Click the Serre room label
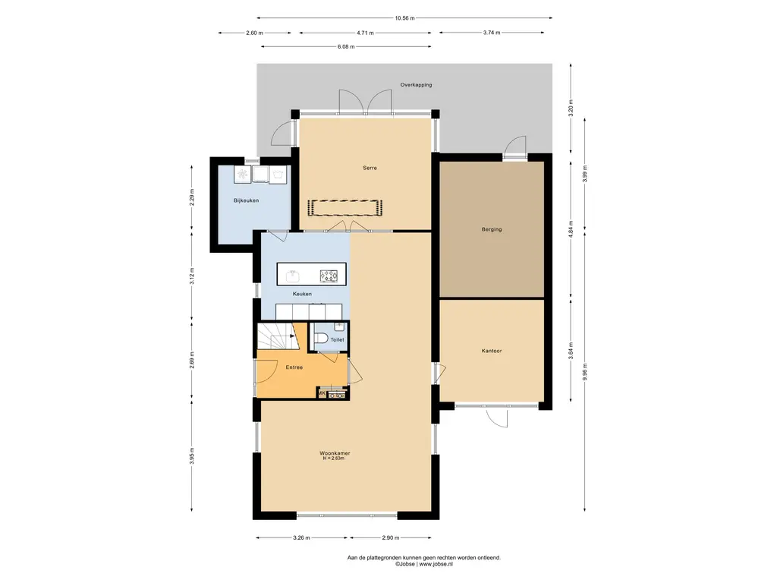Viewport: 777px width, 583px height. point(370,168)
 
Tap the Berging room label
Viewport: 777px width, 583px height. point(492,229)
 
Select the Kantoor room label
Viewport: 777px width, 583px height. point(492,351)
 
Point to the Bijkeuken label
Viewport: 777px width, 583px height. point(247,200)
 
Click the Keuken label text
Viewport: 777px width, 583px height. point(302,294)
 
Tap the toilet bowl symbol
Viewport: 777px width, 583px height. point(321,339)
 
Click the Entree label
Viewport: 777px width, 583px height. point(294,367)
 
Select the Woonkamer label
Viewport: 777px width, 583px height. point(335,453)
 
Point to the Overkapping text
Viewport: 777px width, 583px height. point(417,85)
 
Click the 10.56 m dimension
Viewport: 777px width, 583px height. point(405,18)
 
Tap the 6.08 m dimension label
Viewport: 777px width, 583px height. point(346,46)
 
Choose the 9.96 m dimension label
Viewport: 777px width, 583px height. point(585,372)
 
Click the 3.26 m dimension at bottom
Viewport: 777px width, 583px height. point(302,538)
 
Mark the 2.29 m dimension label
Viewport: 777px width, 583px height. point(192,197)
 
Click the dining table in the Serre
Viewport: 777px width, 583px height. point(345,208)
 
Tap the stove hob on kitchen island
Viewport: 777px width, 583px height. point(329,276)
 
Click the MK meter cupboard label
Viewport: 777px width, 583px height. point(322,394)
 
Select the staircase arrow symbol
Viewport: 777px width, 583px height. point(293,336)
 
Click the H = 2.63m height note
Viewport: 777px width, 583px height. point(334,459)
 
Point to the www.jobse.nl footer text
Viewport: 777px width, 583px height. point(436,564)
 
